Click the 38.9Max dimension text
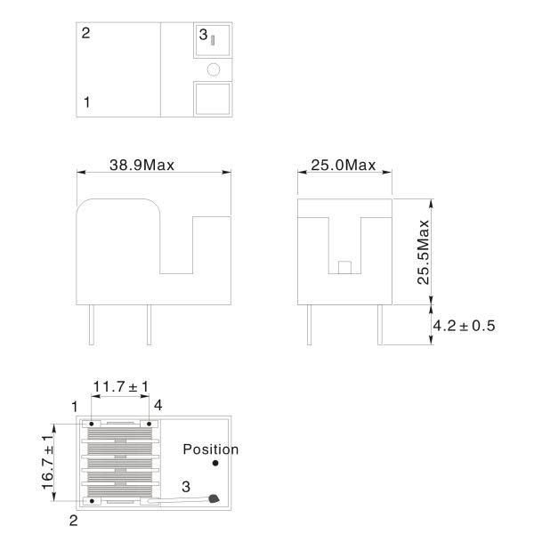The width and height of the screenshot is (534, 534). click(x=142, y=165)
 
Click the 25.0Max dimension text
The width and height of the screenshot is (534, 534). click(x=344, y=165)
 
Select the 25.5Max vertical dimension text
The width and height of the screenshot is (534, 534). click(x=424, y=252)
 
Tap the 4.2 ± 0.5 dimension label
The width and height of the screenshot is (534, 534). click(x=464, y=326)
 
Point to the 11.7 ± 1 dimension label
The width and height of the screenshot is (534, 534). click(x=121, y=386)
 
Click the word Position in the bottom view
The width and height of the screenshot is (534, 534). click(x=211, y=449)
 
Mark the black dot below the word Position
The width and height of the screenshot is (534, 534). click(x=215, y=463)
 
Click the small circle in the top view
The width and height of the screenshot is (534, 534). click(x=214, y=69)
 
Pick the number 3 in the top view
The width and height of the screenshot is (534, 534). click(x=203, y=35)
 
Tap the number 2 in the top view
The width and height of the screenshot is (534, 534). click(x=85, y=33)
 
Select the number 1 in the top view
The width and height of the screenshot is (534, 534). click(x=87, y=101)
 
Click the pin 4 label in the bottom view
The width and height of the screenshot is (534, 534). click(x=158, y=405)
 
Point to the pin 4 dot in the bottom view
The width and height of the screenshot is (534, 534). click(x=150, y=424)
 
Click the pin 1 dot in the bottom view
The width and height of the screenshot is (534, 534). click(x=92, y=424)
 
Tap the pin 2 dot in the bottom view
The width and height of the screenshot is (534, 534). click(x=92, y=501)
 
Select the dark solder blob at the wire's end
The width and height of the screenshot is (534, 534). click(x=214, y=498)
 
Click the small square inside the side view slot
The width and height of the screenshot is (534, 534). click(x=344, y=267)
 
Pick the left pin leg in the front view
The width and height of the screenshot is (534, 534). click(x=92, y=325)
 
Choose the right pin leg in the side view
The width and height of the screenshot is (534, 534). click(x=380, y=325)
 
